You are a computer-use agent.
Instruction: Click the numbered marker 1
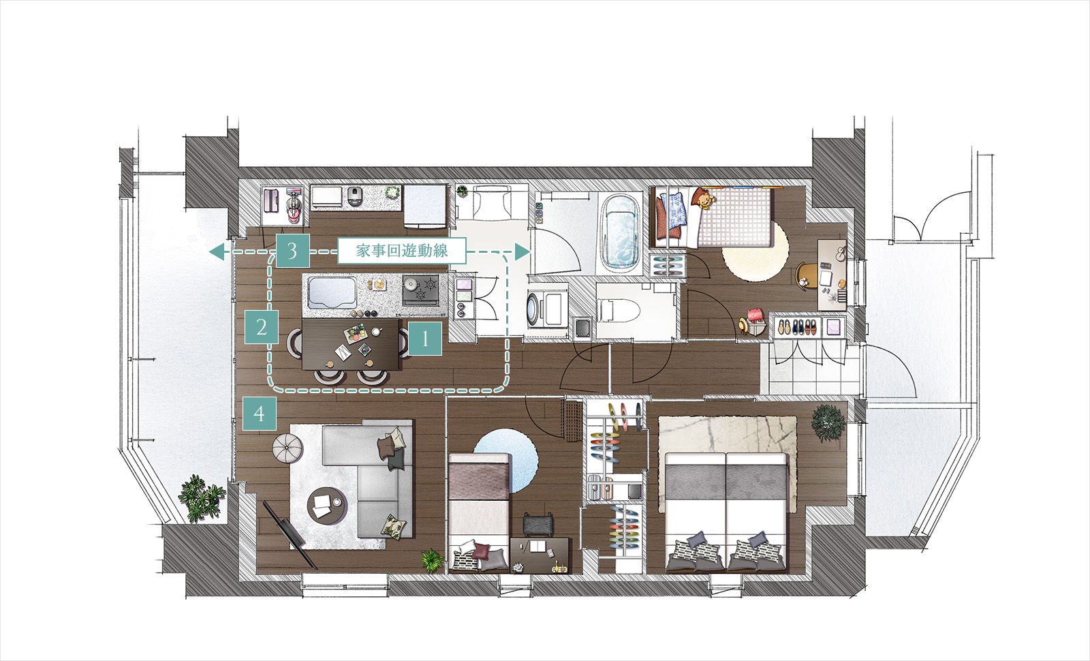(425, 338)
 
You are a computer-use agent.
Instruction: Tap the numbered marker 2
(262, 327)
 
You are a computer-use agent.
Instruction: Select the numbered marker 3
(292, 251)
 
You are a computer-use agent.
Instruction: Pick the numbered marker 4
(260, 414)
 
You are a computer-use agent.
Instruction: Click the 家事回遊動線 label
(402, 251)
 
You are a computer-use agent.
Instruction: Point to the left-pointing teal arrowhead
(217, 251)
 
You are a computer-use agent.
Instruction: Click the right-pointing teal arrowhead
(522, 251)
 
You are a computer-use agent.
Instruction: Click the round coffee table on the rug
(327, 505)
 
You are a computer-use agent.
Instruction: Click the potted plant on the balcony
(201, 498)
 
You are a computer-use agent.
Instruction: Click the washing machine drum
(534, 307)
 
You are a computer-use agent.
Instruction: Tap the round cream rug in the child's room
(755, 251)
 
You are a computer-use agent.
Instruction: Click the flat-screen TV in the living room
(290, 535)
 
